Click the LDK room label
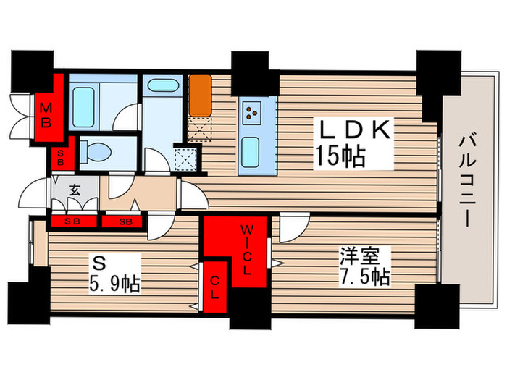(x=357, y=131)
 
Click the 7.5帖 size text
(x=366, y=277)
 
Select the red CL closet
(x=216, y=288)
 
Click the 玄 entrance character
(x=74, y=191)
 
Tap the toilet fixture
(x=95, y=151)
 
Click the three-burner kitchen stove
(x=251, y=112)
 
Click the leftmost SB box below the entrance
(x=71, y=221)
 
